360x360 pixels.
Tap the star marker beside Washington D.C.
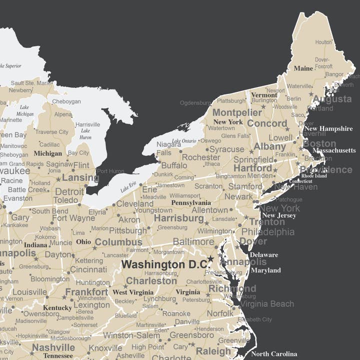(210, 258)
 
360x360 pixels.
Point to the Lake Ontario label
(184, 141)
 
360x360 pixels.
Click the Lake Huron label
(85, 133)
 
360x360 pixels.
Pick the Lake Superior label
(10, 65)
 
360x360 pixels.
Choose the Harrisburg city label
(178, 218)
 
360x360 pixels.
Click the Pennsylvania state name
(191, 203)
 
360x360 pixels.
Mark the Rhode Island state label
(314, 176)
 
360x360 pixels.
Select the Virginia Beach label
(266, 303)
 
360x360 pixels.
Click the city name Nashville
(53, 347)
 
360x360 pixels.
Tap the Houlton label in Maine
(323, 42)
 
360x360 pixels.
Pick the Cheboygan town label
(66, 101)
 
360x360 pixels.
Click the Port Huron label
(110, 171)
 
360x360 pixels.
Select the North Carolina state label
(274, 354)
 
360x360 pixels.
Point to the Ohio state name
(83, 242)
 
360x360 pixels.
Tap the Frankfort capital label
(86, 292)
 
